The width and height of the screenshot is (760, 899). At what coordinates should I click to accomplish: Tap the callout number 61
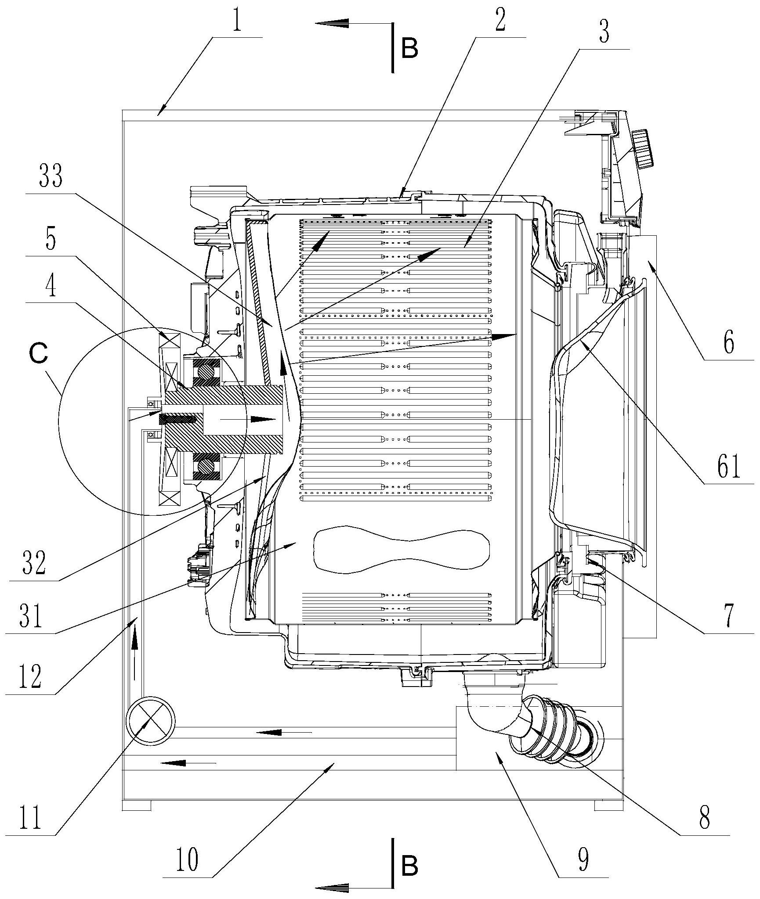729,467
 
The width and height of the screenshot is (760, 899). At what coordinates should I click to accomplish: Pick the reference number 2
500,21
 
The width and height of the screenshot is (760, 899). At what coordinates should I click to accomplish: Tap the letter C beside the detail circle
39,355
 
